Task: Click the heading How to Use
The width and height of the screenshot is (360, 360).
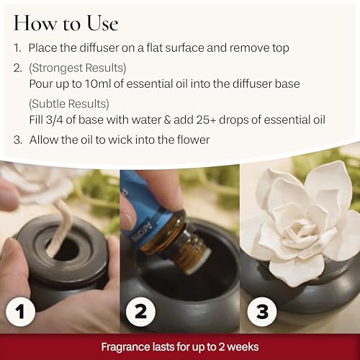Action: click(66, 23)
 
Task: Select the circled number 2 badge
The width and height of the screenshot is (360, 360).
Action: click(141, 312)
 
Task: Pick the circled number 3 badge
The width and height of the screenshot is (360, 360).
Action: click(261, 312)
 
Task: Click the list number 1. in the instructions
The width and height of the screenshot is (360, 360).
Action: click(18, 48)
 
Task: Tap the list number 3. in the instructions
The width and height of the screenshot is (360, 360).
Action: click(18, 139)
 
